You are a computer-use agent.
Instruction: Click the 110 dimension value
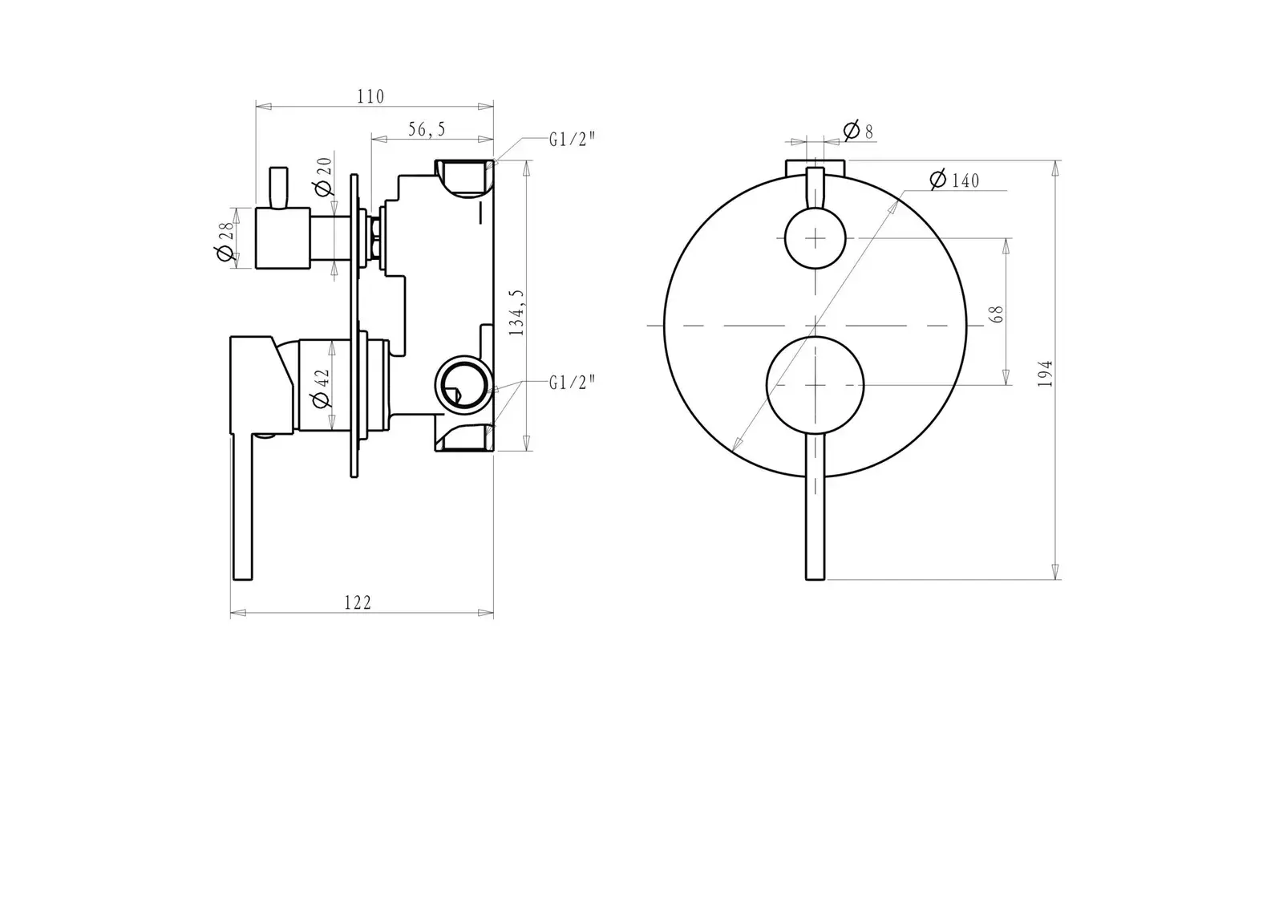[370, 97]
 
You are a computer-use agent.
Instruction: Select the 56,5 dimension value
[427, 129]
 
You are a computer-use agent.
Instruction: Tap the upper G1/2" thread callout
[573, 140]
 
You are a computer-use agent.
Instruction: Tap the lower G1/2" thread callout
[573, 383]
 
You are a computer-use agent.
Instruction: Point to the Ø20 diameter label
[323, 176]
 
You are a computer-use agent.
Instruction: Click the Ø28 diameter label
[225, 242]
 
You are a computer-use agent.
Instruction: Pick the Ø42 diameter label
[322, 388]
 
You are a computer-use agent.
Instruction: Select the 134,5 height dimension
[516, 312]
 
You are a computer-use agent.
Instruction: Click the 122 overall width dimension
[358, 602]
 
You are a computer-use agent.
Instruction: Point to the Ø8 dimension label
[859, 131]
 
